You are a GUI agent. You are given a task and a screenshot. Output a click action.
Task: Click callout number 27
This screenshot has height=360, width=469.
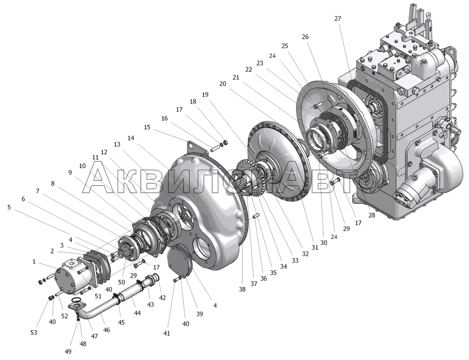click(x=337, y=19)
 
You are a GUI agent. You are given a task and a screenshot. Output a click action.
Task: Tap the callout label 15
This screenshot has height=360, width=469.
click(x=147, y=127)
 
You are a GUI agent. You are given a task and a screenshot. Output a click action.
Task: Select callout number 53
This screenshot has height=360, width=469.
click(x=34, y=333)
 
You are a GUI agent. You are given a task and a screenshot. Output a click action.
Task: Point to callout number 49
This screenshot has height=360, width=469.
click(x=68, y=352)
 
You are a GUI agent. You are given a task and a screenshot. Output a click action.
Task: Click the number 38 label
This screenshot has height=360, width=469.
click(x=242, y=289)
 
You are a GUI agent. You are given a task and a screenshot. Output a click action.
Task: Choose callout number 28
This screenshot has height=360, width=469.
click(x=371, y=215)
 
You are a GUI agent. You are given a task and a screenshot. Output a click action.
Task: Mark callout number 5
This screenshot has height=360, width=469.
click(x=9, y=207)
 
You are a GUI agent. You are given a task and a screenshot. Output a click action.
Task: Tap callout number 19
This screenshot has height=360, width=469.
click(x=205, y=95)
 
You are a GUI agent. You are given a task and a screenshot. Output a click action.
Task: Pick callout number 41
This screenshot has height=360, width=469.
click(x=167, y=333)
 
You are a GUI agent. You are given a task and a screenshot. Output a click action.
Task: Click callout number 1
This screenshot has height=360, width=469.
click(x=34, y=262)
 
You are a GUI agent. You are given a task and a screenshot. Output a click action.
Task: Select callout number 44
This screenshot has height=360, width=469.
click(x=137, y=313)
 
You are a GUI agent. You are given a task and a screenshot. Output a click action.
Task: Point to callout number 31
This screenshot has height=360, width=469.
click(x=314, y=247)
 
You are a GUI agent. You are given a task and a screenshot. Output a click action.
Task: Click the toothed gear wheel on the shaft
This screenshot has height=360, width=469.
click(x=248, y=178)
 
